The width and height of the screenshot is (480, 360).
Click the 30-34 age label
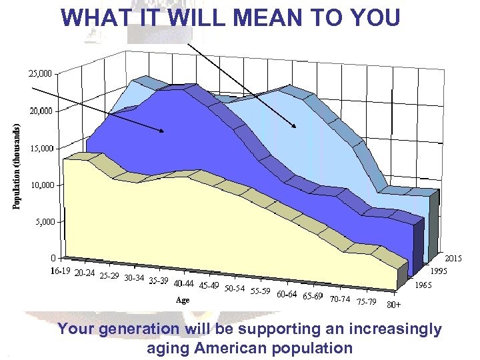(136, 278)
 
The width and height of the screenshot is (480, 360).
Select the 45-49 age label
(209, 285)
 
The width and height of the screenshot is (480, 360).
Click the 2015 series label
(454, 258)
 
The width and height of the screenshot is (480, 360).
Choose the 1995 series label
(438, 271)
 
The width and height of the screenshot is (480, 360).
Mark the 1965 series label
(423, 285)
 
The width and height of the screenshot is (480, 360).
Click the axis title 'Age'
(182, 300)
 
